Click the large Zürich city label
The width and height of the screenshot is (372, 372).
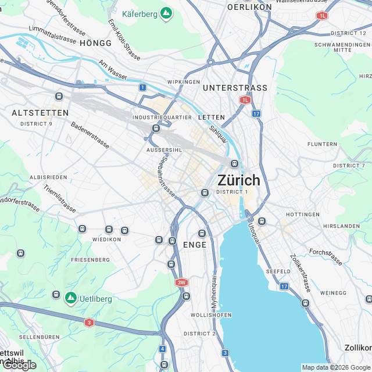pyautogui.click(x=239, y=180)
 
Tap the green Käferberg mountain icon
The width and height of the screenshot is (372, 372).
pyautogui.click(x=166, y=13)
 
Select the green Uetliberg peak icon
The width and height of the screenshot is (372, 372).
pyautogui.click(x=71, y=298)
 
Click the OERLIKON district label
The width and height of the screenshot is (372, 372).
pyautogui.click(x=249, y=7)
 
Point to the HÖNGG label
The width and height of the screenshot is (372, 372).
pyautogui.click(x=95, y=43)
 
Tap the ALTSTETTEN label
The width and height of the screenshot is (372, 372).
pyautogui.click(x=40, y=113)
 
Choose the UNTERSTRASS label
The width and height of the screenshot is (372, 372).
pyautogui.click(x=235, y=88)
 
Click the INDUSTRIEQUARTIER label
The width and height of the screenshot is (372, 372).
pyautogui.click(x=162, y=117)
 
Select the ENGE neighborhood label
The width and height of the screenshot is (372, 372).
pyautogui.click(x=195, y=245)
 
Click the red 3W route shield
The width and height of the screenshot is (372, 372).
pyautogui.click(x=182, y=282)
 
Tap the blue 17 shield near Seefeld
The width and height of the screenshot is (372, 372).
pyautogui.click(x=284, y=286)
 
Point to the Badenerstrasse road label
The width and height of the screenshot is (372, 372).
pyautogui.click(x=90, y=135)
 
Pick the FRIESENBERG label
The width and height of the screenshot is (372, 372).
pyautogui.click(x=90, y=259)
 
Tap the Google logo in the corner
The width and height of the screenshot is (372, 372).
pyautogui.click(x=19, y=365)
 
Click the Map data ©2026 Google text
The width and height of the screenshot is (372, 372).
pyautogui.click(x=335, y=367)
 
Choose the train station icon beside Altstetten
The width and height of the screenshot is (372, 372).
pyautogui.click(x=59, y=96)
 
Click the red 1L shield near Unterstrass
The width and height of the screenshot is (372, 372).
pyautogui.click(x=245, y=100)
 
